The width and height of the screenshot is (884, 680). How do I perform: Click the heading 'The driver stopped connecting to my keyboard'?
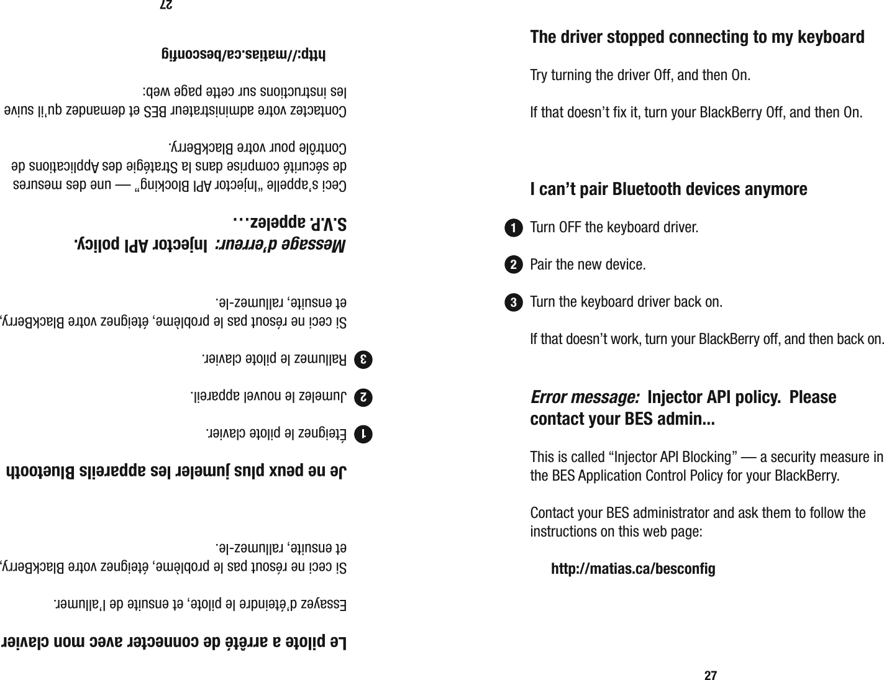[696, 37]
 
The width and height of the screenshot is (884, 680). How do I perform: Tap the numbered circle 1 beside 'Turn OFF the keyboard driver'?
[513, 228]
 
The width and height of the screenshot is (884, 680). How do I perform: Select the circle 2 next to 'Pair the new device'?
[513, 265]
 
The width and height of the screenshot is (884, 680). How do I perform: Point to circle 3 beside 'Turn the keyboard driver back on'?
[513, 303]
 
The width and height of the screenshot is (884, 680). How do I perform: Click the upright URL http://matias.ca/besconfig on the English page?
[633, 569]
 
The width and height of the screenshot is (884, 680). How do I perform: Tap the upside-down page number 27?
[165, 5]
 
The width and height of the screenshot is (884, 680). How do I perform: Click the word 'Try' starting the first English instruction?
[539, 76]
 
